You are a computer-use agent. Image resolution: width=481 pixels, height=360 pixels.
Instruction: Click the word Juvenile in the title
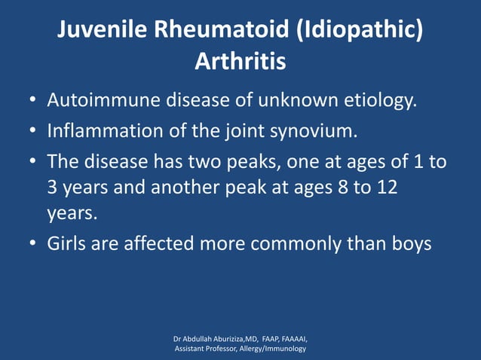tap(104, 30)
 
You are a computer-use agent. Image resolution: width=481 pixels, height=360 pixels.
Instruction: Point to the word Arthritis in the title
tap(240, 61)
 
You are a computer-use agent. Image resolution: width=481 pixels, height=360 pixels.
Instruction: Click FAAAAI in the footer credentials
tap(292, 338)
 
